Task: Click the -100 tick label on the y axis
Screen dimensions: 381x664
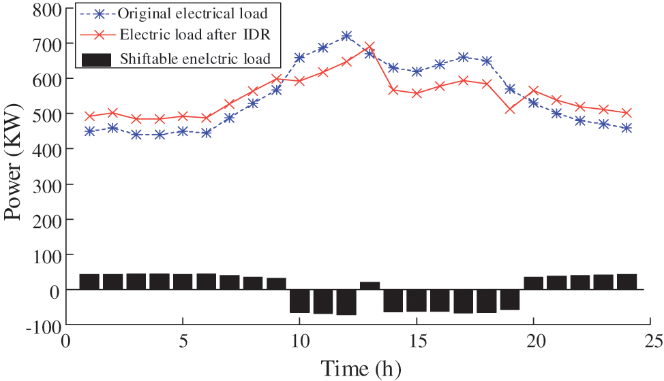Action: click(40, 325)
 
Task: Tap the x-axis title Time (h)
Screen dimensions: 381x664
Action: click(361, 368)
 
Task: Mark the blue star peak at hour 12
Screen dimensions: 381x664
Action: click(346, 36)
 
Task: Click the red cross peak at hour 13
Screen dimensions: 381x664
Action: click(369, 47)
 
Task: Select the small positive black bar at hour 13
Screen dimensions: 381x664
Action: click(369, 286)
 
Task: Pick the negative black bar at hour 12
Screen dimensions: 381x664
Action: click(346, 302)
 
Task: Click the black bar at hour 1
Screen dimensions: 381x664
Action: click(89, 282)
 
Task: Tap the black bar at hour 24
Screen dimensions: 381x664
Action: click(627, 282)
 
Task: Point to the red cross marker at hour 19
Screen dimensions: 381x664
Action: click(510, 109)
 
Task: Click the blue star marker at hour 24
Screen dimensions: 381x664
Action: click(627, 128)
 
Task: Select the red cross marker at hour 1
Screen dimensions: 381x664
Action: click(89, 116)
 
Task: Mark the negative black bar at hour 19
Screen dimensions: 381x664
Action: click(510, 300)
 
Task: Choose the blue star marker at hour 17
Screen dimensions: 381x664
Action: click(463, 57)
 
